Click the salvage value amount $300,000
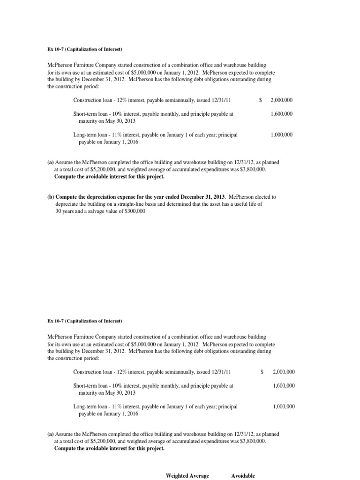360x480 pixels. tap(134, 211)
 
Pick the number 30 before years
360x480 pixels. tap(58, 211)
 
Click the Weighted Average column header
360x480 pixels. tap(187, 476)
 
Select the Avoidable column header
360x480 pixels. tap(243, 476)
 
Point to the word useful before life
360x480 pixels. tap(245, 204)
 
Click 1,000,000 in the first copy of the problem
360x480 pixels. tap(282, 135)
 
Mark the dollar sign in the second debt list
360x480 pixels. tap(262, 372)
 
